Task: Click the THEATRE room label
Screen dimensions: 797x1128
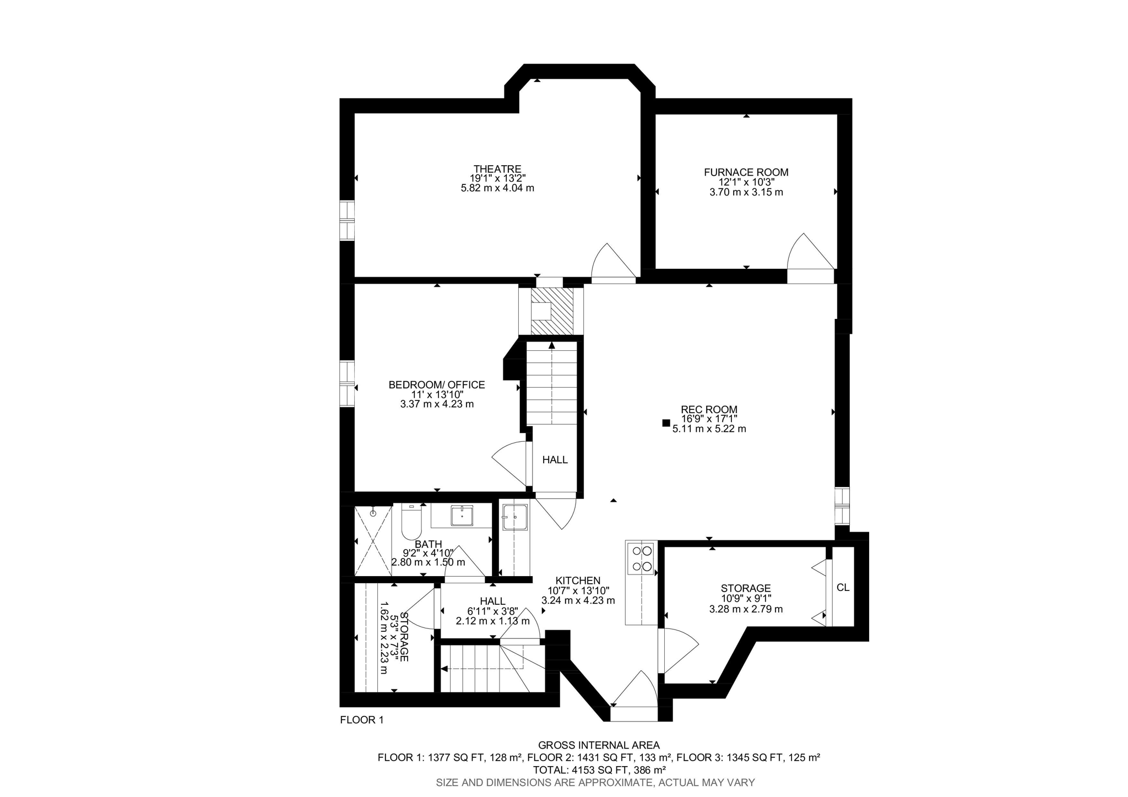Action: [497, 169]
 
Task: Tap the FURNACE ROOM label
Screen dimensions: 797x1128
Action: [746, 172]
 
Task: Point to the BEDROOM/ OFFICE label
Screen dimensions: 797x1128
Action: [437, 385]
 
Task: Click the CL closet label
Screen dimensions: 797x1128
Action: [843, 588]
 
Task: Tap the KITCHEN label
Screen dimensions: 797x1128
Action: [578, 581]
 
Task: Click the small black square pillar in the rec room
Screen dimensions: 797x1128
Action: [666, 423]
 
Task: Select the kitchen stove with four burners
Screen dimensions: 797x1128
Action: [642, 558]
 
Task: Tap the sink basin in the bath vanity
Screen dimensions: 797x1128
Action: [462, 516]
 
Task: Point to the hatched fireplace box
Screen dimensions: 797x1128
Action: [551, 311]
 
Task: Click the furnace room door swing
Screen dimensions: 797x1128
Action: [809, 254]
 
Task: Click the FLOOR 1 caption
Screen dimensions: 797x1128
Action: [361, 720]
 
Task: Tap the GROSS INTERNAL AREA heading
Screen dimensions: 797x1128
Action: [599, 746]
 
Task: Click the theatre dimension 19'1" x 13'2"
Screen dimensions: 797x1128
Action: [497, 178]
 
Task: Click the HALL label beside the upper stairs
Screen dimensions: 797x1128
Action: [555, 460]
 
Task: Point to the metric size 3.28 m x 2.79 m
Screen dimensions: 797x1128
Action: [746, 609]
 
